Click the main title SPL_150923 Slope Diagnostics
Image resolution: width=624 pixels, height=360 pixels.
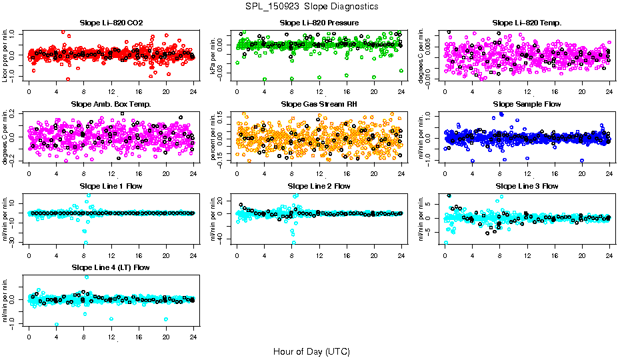311,6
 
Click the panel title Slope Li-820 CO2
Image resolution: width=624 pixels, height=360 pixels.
111,23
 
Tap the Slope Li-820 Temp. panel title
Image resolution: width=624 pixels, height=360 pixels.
527,23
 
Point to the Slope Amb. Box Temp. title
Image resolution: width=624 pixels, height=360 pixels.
111,104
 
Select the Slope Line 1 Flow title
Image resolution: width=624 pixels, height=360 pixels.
111,185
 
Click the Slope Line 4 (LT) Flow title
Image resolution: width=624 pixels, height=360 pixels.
111,267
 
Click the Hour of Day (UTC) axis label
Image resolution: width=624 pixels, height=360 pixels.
311,351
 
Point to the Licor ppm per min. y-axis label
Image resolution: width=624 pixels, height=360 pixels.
6,55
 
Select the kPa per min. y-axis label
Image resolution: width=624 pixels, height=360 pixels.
214,55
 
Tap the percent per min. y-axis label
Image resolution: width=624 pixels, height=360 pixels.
214,137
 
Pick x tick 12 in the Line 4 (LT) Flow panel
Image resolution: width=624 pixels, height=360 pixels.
111,337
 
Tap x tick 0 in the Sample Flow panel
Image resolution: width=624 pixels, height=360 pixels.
445,173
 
